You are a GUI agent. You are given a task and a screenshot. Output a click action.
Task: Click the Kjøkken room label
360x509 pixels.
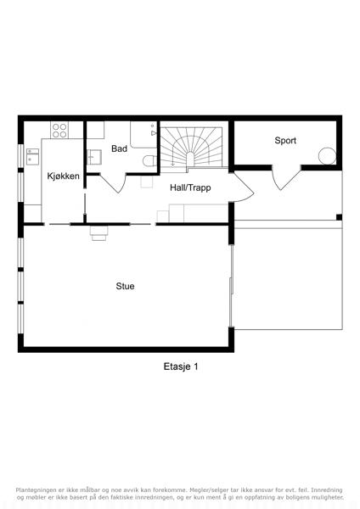(63, 176)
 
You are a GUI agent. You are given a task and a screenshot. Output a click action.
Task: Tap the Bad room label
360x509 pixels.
(119, 148)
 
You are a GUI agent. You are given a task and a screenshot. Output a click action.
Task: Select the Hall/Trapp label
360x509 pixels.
(190, 187)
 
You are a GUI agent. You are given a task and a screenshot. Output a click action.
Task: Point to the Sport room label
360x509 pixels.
(285, 141)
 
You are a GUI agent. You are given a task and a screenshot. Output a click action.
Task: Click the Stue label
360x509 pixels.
(125, 286)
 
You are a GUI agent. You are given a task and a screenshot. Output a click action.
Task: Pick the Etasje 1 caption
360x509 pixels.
(181, 366)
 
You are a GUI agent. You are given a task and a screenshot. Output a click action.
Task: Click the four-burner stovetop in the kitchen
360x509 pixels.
(59, 130)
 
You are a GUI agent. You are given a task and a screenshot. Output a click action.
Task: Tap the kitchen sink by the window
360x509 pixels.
(32, 156)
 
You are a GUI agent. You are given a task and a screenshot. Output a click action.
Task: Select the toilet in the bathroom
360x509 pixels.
(149, 160)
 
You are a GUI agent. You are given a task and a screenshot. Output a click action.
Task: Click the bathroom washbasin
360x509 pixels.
(94, 158)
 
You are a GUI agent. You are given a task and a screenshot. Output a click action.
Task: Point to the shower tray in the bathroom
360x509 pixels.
(144, 135)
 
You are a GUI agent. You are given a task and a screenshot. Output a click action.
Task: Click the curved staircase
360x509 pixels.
(193, 148)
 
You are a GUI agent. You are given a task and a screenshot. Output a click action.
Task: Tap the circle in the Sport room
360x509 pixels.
(327, 156)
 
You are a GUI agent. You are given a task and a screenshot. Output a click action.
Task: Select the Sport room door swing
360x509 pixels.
(286, 178)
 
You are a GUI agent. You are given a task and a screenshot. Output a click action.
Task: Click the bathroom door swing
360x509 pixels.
(112, 183)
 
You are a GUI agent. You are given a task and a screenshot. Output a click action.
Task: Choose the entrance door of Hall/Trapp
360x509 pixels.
(243, 187)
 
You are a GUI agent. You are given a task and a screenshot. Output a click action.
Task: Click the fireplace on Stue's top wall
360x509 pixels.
(98, 233)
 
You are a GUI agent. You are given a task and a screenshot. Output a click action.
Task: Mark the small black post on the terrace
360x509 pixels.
(339, 217)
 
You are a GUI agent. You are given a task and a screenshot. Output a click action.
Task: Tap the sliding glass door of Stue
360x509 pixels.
(231, 286)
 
